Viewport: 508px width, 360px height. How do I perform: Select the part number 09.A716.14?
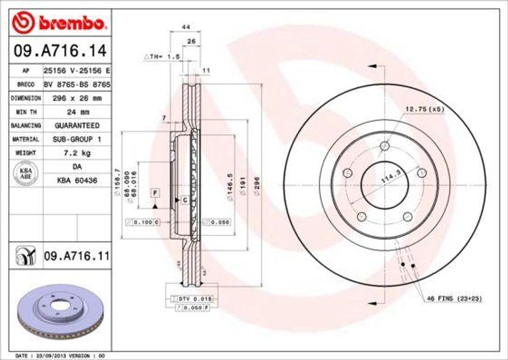60,50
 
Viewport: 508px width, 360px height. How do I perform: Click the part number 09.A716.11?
76,256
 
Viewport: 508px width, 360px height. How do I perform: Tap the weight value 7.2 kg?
77,153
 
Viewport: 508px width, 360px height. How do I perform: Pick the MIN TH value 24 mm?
77,112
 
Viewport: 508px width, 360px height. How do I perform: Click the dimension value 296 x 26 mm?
77,98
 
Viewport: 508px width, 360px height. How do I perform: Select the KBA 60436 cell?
77,181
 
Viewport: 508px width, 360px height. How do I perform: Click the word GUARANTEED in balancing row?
77,126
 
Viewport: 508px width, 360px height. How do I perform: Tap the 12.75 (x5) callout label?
425,109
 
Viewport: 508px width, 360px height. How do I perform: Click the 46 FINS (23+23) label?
454,298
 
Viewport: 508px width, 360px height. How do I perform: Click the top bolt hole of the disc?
384,145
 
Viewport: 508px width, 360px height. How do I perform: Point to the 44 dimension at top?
186,27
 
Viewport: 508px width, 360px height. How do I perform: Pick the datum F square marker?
155,192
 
